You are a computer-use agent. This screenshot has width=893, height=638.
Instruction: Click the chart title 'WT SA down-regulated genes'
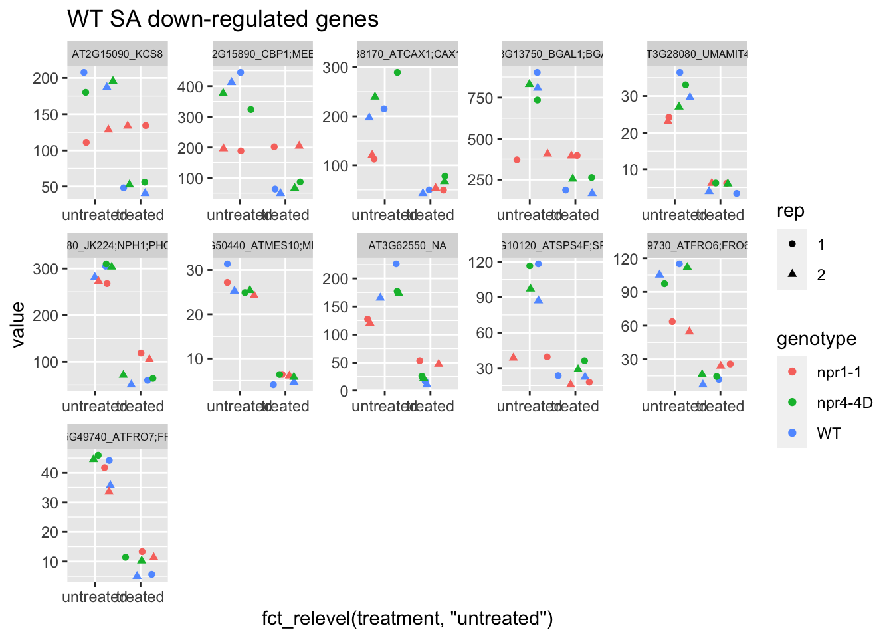(223, 19)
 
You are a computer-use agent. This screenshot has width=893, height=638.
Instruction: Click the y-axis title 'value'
(18, 324)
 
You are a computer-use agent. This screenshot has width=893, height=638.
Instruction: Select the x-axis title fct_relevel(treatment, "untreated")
(407, 618)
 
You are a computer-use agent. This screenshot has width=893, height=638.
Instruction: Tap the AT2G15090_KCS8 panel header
(118, 54)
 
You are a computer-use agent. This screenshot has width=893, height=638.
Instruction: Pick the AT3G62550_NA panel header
(407, 246)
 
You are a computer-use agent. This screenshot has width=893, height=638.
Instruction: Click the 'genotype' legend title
(817, 339)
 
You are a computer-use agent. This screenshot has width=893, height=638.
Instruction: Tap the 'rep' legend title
(791, 211)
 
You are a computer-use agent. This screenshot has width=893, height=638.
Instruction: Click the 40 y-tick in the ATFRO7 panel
(50, 473)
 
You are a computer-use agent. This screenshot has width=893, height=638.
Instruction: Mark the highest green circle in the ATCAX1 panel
(397, 72)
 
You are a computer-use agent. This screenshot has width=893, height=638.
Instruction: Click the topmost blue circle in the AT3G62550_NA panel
(396, 264)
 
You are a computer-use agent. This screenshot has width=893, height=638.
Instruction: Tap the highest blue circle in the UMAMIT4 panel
(680, 72)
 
